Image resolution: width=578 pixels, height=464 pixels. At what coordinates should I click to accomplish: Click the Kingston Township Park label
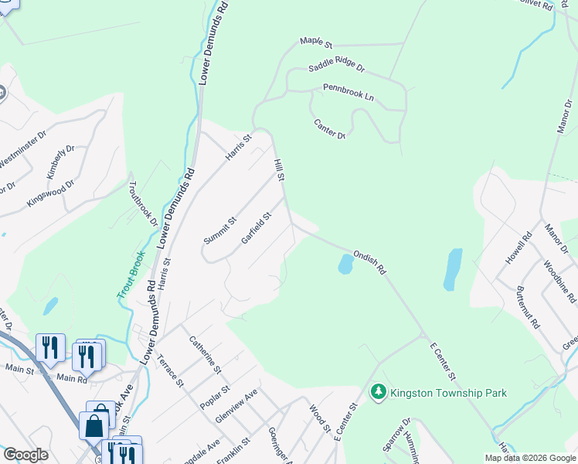pyautogui.click(x=449, y=393)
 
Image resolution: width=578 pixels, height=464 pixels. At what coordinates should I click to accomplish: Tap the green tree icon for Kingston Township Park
pyautogui.click(x=378, y=393)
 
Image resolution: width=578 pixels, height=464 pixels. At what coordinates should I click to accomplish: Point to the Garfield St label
pyautogui.click(x=257, y=228)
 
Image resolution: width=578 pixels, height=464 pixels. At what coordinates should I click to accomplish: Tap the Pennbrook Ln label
pyautogui.click(x=348, y=93)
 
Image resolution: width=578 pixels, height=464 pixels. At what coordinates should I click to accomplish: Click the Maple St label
pyautogui.click(x=315, y=43)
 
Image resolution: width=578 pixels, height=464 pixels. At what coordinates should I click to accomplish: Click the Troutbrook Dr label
pyautogui.click(x=142, y=203)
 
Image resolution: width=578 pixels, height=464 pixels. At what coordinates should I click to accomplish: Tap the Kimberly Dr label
pyautogui.click(x=60, y=162)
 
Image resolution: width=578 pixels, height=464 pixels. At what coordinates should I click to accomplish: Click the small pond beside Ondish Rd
pyautogui.click(x=345, y=265)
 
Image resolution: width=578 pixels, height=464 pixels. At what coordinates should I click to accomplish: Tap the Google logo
pyautogui.click(x=25, y=455)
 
